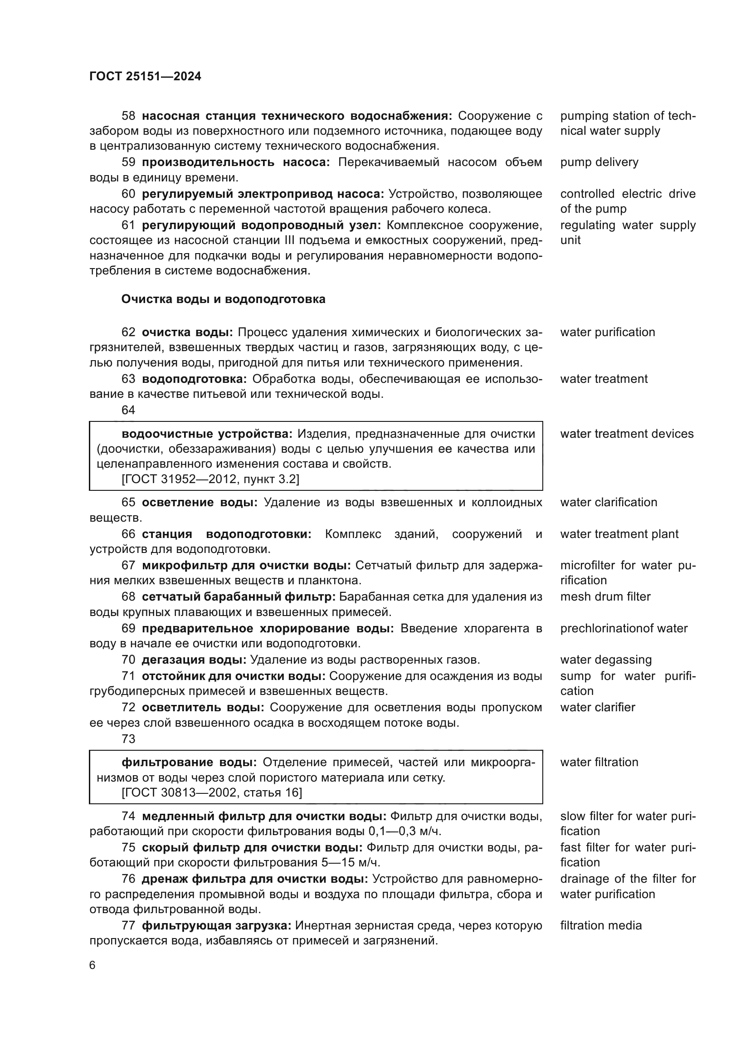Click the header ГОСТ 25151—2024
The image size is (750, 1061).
coord(145,76)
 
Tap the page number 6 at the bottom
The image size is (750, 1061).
coord(93,965)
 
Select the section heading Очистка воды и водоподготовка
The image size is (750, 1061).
coord(223,299)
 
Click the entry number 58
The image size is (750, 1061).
coord(128,116)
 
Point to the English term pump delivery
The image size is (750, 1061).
coord(599,162)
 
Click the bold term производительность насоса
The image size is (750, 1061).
coord(235,162)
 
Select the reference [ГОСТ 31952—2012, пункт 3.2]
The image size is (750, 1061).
coord(210,479)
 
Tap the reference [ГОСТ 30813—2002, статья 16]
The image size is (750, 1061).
coord(211,793)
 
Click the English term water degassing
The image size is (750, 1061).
coord(606,660)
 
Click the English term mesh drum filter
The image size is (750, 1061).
coord(605,597)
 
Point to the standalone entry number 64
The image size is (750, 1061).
coord(128,410)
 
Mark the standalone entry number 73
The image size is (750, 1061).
coord(128,739)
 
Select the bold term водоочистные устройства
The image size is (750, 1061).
coord(207,434)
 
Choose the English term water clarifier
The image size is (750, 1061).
coord(598,708)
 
